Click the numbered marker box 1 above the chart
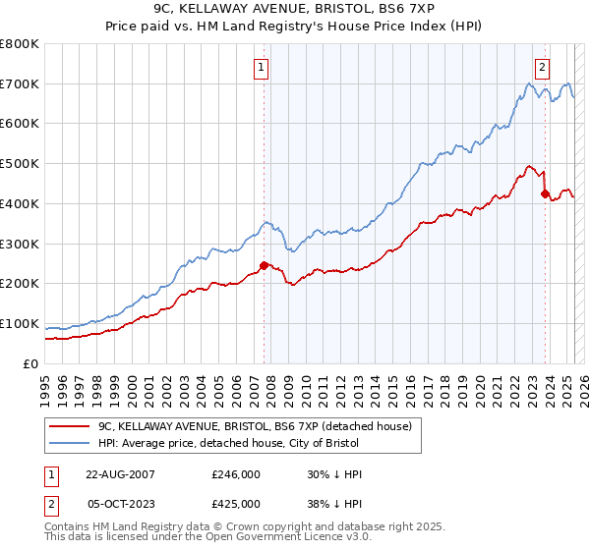pyautogui.click(x=261, y=68)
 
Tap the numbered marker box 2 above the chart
pyautogui.click(x=542, y=68)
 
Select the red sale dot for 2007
pyautogui.click(x=264, y=265)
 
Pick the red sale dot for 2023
pyautogui.click(x=545, y=193)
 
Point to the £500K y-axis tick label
pyautogui.click(x=20, y=164)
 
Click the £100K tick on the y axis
pyautogui.click(x=20, y=324)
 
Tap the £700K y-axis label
pyautogui.click(x=20, y=84)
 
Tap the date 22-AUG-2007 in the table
pyautogui.click(x=121, y=473)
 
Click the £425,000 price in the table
pyautogui.click(x=236, y=503)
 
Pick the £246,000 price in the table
pyautogui.click(x=236, y=473)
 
